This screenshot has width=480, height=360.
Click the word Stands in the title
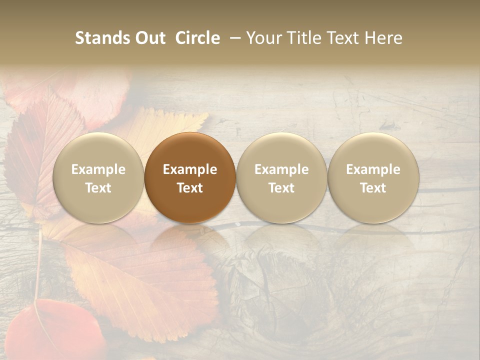[102, 38]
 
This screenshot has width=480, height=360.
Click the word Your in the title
[263, 38]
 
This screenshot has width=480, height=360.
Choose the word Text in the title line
[345, 38]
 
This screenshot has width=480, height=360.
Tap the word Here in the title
[384, 38]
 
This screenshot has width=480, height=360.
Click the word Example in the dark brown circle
[190, 169]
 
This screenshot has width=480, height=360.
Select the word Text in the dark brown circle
[190, 188]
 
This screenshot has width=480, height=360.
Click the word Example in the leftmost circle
[98, 169]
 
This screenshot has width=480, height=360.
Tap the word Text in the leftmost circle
[98, 188]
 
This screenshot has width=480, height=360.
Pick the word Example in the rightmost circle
[373, 169]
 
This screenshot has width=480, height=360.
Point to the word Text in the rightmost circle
[373, 188]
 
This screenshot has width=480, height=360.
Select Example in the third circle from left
[281, 169]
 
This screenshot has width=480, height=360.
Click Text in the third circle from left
[281, 188]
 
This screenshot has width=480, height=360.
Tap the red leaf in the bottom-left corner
[55, 330]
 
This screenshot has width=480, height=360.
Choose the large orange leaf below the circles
[145, 280]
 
